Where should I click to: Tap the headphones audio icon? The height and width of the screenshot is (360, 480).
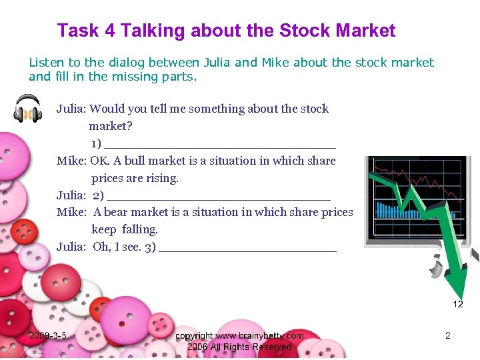(x=28, y=109)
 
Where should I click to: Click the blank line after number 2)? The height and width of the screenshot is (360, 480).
(x=218, y=197)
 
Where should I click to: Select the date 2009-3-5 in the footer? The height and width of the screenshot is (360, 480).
(x=47, y=336)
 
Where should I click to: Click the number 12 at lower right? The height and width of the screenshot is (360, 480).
(x=458, y=304)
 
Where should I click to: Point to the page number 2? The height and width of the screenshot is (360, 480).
(x=448, y=336)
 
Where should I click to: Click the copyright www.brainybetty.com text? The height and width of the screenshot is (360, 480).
(x=239, y=336)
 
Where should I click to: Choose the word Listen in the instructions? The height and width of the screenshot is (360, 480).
(x=46, y=63)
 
